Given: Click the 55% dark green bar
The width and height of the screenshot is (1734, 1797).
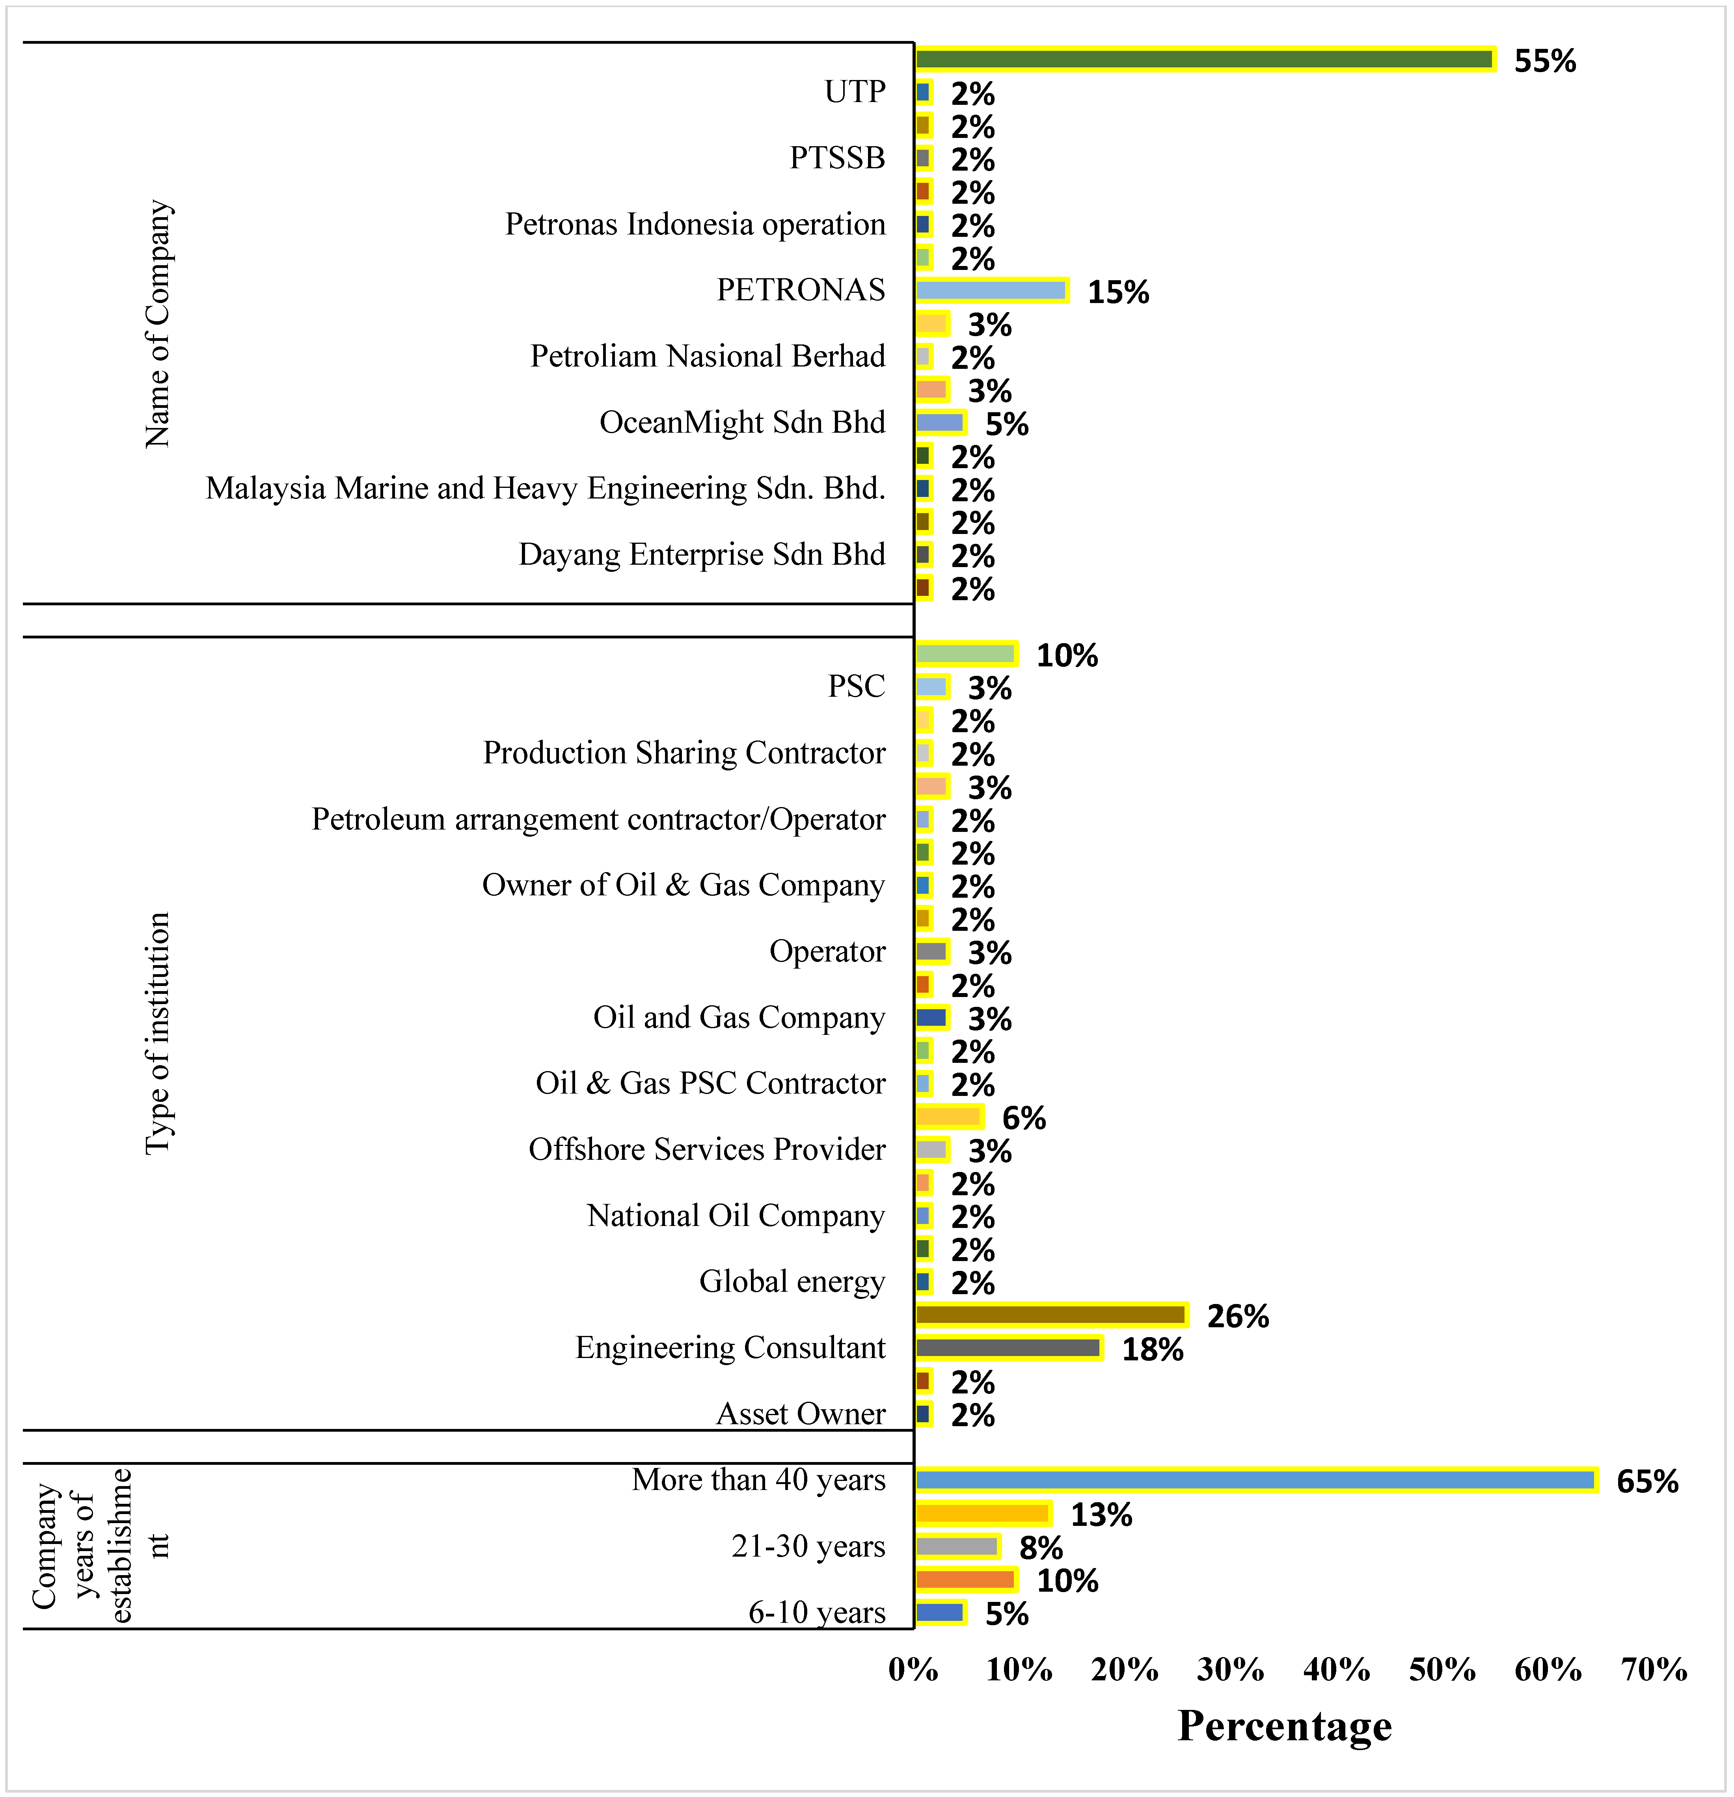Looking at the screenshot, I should [x=1204, y=60].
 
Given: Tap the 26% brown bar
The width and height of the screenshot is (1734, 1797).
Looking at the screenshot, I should [x=1051, y=1315].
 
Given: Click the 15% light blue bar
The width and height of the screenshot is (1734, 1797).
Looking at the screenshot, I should [x=991, y=291].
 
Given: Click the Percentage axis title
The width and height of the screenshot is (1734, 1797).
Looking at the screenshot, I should [x=1285, y=1726].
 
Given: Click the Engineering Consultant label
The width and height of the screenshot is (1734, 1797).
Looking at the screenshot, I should [x=730, y=1348].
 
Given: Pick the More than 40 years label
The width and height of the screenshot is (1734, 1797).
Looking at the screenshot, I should [x=758, y=1480].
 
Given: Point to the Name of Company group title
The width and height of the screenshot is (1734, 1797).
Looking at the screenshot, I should [x=158, y=324].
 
